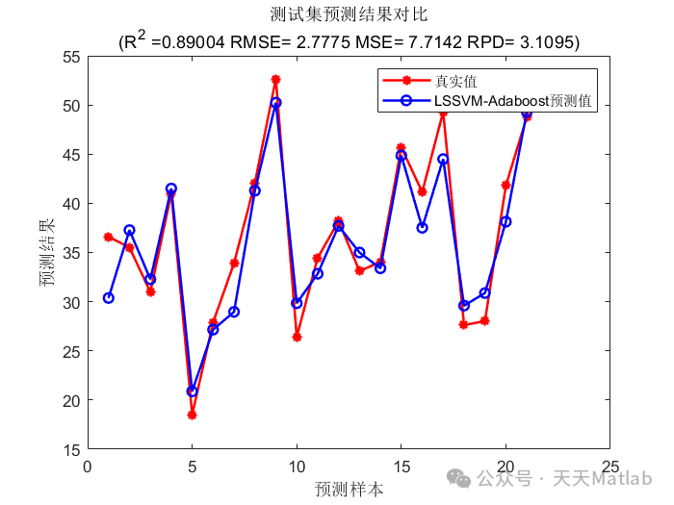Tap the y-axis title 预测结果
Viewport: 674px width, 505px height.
[x=45, y=253]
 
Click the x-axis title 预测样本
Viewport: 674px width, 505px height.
[x=349, y=489]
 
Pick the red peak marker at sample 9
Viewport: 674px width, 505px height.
[x=275, y=80]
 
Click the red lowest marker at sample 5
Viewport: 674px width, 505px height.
[x=192, y=415]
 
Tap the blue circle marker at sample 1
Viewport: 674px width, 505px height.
[x=109, y=298]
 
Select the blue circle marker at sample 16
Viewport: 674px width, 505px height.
[x=422, y=227]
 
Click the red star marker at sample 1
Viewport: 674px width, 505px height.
[x=108, y=237]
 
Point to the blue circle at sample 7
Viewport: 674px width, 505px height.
[x=234, y=312]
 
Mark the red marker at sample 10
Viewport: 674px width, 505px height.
[x=297, y=337]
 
